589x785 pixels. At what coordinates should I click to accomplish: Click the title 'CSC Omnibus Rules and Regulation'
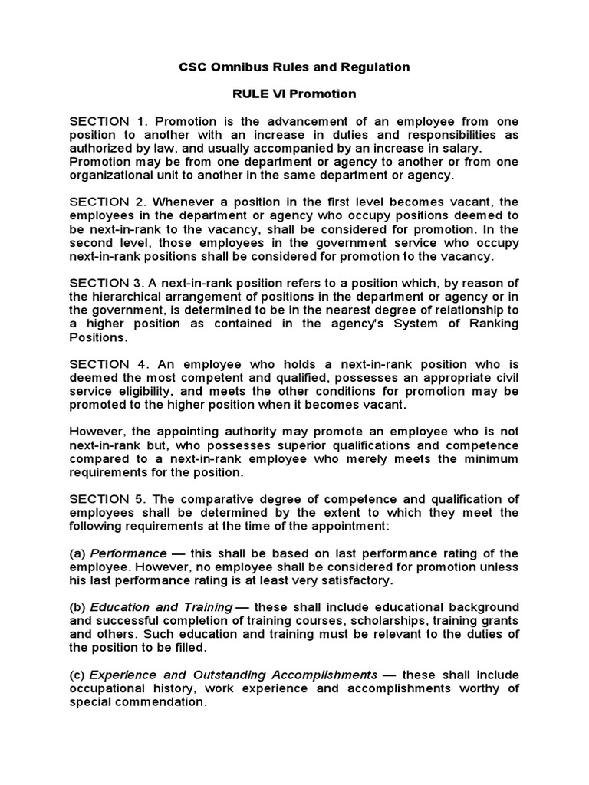pos(294,67)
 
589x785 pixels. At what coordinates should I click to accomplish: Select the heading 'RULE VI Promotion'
pos(294,94)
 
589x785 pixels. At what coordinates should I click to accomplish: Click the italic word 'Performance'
pos(129,553)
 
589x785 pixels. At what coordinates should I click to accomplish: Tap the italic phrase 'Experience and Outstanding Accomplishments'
pos(234,675)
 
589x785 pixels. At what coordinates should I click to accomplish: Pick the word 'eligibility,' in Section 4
pos(147,390)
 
